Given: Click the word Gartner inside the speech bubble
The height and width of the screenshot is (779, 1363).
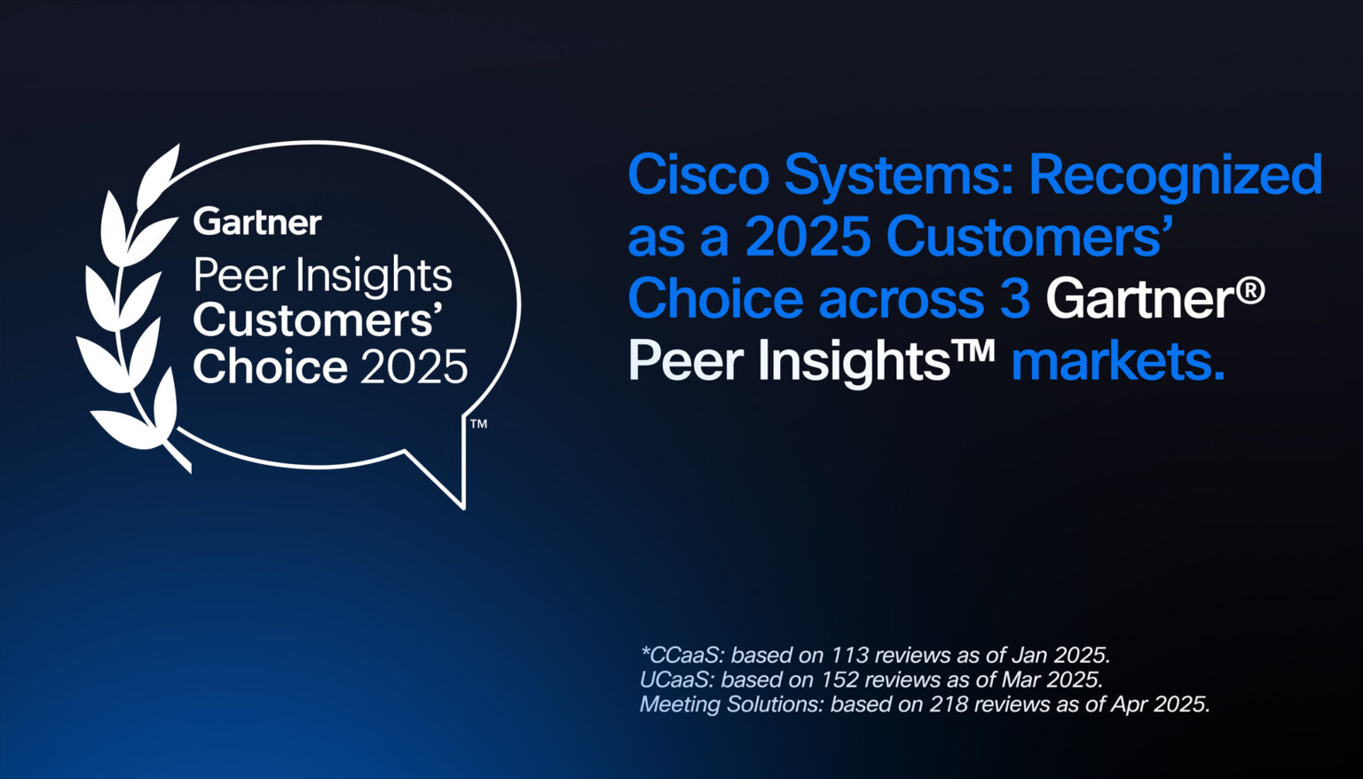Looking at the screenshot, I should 257,222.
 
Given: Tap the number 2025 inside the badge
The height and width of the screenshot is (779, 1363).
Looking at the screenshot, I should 414,366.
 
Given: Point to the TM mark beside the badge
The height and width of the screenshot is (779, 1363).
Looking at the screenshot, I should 478,424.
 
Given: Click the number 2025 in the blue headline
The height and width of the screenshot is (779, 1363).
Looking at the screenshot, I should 807,237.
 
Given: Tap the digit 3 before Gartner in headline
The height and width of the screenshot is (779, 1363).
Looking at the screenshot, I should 1014,298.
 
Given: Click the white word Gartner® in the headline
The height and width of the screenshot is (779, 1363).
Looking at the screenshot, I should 1154,298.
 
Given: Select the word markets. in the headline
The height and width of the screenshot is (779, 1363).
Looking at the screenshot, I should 1117,361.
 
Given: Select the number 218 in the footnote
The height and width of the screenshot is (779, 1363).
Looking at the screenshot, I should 949,704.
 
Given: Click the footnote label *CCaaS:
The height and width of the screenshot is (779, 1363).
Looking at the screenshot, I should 682,656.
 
